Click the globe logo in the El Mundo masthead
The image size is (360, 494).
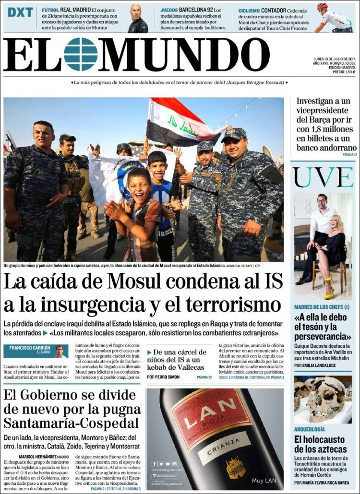click(81, 54)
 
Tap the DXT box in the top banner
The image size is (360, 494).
click(20, 12)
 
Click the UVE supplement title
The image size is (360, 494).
click(324, 177)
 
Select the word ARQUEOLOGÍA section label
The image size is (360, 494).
click(310, 429)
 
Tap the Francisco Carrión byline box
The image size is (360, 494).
click(36, 351)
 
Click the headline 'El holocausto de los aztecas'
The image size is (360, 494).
click(320, 444)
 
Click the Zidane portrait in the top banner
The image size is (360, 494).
click(138, 18)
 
